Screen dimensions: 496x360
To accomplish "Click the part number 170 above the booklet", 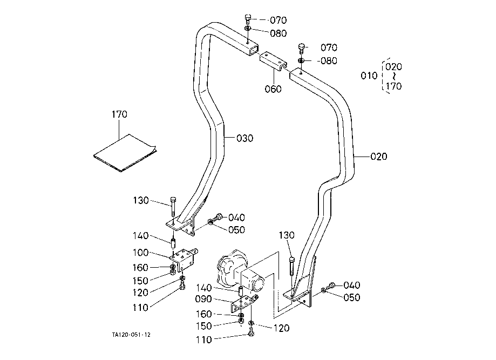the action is [x=119, y=114].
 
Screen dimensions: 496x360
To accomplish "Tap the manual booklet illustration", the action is [x=125, y=153].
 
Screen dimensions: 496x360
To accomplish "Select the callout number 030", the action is [x=245, y=138].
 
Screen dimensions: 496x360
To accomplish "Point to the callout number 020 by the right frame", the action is [x=379, y=157].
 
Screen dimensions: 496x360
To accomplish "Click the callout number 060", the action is [x=273, y=89].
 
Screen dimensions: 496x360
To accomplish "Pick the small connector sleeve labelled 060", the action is [x=274, y=62].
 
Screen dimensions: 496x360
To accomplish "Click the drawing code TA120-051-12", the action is [x=131, y=335].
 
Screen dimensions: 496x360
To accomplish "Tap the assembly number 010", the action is [x=369, y=76].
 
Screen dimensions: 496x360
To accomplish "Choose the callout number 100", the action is [x=140, y=253].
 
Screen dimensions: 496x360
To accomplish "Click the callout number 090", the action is [x=203, y=299].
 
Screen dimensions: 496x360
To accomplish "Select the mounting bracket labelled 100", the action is [x=185, y=260].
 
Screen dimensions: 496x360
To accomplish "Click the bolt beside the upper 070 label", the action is [x=248, y=19].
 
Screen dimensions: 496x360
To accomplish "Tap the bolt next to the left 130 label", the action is [x=173, y=206].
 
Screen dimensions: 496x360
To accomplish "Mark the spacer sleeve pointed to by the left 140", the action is [x=173, y=244].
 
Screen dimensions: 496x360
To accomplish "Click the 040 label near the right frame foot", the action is [x=352, y=286].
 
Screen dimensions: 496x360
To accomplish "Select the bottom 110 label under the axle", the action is [x=203, y=339].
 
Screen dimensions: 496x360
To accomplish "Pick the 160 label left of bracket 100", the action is [x=140, y=268].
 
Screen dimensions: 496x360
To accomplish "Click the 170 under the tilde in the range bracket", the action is [x=394, y=86].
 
